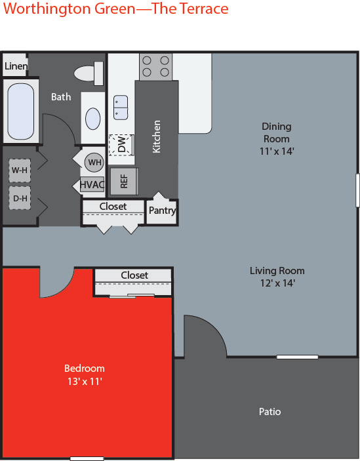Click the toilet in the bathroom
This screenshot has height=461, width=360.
89,73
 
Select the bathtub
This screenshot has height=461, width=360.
20,111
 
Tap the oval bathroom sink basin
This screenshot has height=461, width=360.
93,119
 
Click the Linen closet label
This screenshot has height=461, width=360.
16,66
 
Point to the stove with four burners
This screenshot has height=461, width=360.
156,67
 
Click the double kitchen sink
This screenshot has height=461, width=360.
121,108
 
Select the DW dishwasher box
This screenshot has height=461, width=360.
122,145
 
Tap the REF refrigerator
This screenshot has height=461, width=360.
124,181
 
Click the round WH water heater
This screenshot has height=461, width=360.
94,162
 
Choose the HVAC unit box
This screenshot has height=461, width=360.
92,184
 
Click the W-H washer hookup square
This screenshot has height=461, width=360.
20,170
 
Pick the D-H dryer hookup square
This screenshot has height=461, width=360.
20,198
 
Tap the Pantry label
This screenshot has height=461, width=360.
162,210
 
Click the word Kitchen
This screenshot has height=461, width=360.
157,136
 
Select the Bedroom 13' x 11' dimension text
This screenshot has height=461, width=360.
85,381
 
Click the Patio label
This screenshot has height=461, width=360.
270,412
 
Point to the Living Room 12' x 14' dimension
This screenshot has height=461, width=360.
277,283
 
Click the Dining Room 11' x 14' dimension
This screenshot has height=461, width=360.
277,151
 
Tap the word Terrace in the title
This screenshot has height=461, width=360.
204,9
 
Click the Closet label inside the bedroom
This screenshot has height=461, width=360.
134,275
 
